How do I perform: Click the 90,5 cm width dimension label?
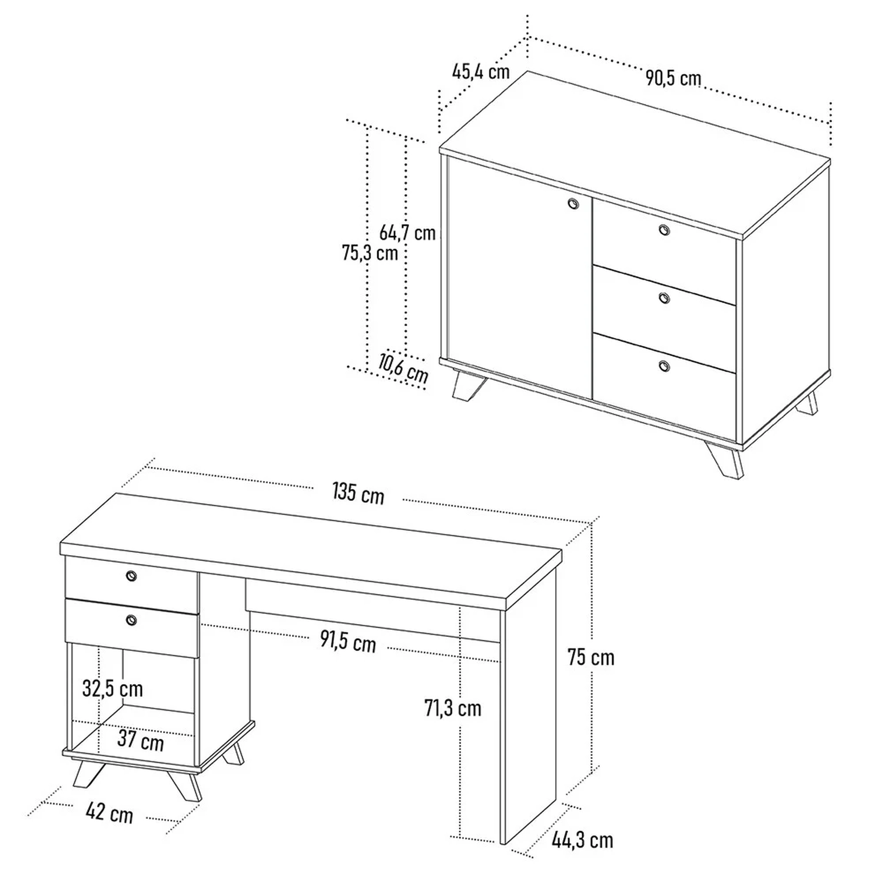(x=673, y=78)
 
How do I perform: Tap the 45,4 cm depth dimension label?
(x=481, y=71)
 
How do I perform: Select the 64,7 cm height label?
(x=407, y=233)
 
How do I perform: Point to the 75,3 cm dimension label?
(x=370, y=253)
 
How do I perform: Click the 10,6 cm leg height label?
(x=403, y=369)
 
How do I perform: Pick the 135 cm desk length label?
(x=358, y=493)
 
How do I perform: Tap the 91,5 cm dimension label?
(x=348, y=641)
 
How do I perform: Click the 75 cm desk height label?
(x=591, y=657)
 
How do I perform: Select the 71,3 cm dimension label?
(x=453, y=708)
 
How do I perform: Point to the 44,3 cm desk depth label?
(x=583, y=840)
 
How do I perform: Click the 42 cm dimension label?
(x=109, y=813)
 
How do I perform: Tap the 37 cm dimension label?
(x=141, y=740)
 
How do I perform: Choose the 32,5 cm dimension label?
(x=112, y=688)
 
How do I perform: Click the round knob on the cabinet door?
(x=573, y=204)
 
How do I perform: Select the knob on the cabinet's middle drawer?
(x=664, y=298)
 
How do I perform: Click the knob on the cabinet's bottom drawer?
(x=664, y=366)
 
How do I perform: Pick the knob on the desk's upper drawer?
(x=131, y=576)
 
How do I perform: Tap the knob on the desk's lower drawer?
(x=131, y=619)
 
